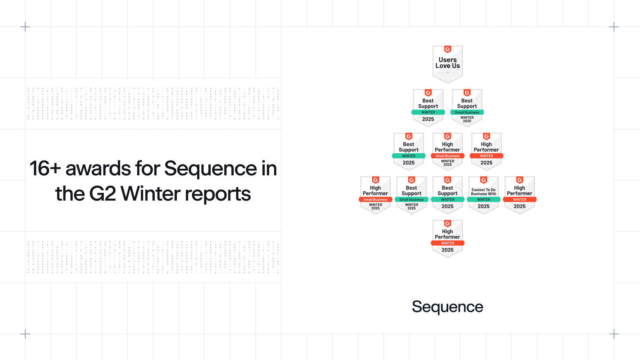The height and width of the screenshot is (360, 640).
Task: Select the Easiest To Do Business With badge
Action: point(484,195)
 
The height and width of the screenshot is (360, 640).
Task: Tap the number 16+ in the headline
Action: point(45,169)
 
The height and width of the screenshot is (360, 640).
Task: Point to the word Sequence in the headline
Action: point(210,169)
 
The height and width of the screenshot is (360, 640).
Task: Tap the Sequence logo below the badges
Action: point(448,307)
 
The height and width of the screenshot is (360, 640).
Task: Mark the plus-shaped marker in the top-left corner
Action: point(25,27)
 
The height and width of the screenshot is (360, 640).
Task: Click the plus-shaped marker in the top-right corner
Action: point(614,27)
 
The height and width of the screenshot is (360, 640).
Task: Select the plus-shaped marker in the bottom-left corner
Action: point(25,334)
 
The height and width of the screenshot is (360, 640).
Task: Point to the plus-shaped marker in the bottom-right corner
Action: point(614,334)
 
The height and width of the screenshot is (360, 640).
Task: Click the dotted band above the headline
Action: point(153,103)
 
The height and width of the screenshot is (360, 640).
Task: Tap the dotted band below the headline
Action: point(153,257)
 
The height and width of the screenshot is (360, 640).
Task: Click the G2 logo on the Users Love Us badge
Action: point(448,49)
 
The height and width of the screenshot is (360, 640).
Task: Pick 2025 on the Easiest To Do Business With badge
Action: point(484,206)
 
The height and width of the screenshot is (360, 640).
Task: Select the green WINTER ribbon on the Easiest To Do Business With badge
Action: point(484,199)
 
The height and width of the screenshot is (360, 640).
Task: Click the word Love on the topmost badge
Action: point(443,66)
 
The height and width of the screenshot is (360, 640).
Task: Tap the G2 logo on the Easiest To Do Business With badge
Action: point(484,180)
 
